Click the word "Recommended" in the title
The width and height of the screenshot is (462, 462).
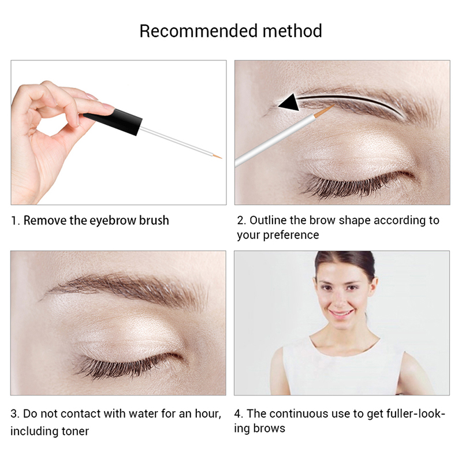pyautogui.click(x=199, y=31)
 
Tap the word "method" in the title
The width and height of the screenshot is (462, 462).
pyautogui.click(x=292, y=31)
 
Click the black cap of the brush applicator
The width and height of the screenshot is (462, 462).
pyautogui.click(x=113, y=121)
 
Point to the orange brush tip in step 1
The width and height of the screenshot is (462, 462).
pyautogui.click(x=218, y=156)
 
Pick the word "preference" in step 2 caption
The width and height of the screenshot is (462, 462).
pyautogui.click(x=291, y=236)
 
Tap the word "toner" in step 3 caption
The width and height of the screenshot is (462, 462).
pyautogui.click(x=75, y=431)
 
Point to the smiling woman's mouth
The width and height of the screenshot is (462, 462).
pyautogui.click(x=341, y=313)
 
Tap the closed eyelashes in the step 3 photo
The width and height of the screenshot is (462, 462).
pyautogui.click(x=129, y=366)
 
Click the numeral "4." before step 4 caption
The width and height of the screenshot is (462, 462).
pyautogui.click(x=239, y=413)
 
